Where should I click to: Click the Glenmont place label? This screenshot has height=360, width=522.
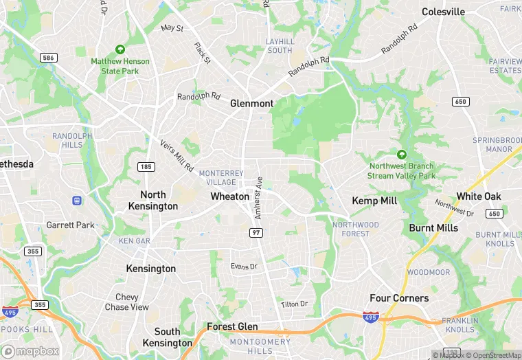tap(251, 104)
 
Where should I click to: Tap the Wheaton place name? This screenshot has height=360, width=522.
tap(229, 196)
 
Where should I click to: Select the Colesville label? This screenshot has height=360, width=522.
tap(443, 12)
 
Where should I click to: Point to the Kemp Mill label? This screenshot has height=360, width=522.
tap(374, 201)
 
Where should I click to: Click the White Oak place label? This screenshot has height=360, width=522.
tap(479, 196)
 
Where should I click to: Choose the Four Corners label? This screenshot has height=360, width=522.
tap(399, 298)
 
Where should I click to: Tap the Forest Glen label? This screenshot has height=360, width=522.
tap(232, 327)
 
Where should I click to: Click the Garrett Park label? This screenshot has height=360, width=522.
tap(70, 225)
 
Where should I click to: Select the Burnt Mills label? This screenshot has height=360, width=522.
tap(433, 228)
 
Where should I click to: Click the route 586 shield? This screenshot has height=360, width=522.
tap(48, 58)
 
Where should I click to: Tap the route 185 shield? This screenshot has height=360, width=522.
tap(145, 167)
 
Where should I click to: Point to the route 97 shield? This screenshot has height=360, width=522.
tap(256, 234)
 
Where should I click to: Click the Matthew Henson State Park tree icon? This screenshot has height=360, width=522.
tap(120, 49)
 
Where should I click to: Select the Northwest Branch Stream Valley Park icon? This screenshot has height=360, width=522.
tap(402, 155)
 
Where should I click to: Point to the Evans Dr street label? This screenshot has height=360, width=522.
tap(244, 267)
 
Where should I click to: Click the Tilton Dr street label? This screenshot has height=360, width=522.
tap(294, 304)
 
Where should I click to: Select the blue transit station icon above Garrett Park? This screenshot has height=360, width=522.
tap(77, 201)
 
